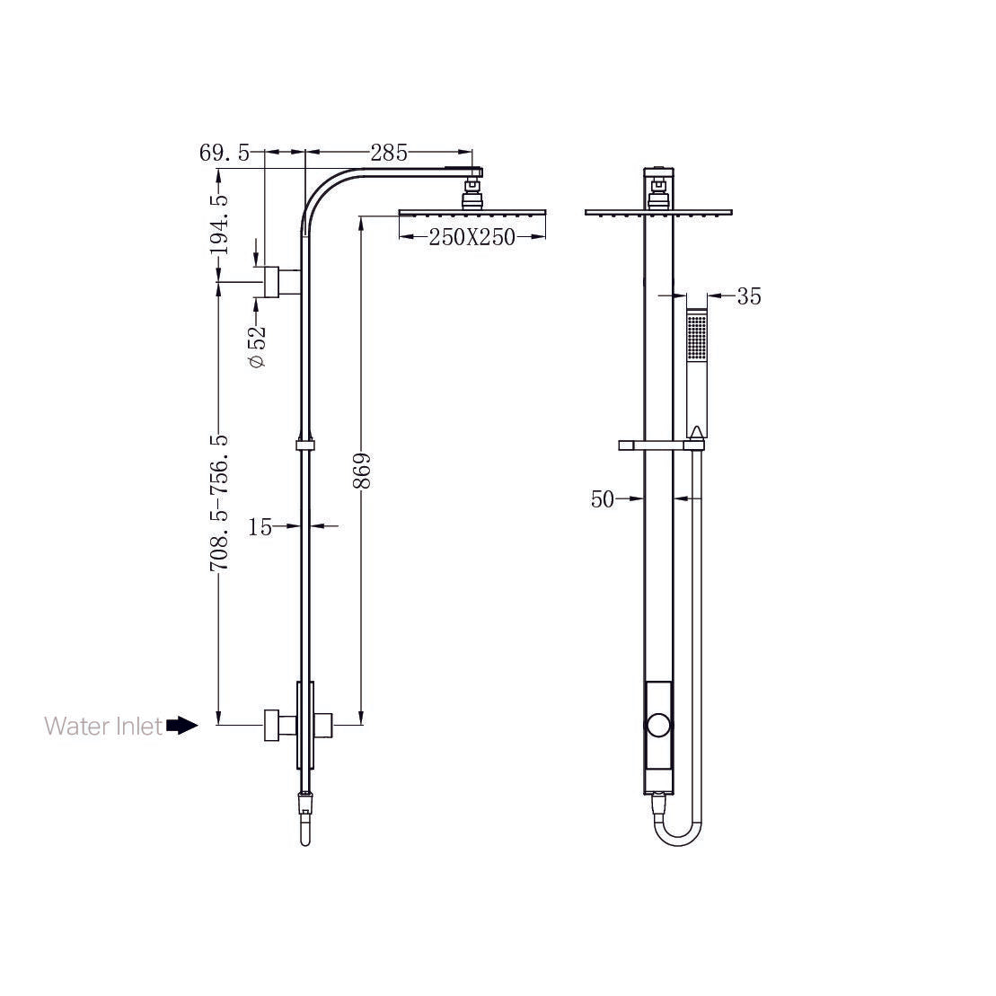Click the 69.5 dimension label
pyautogui.click(x=225, y=153)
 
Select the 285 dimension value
pyautogui.click(x=388, y=152)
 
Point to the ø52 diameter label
pyautogui.click(x=258, y=347)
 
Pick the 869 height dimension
pyautogui.click(x=361, y=470)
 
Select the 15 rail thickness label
pyautogui.click(x=260, y=527)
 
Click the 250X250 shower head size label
pyautogui.click(x=472, y=237)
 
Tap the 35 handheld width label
pyautogui.click(x=748, y=296)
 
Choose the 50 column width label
pyautogui.click(x=603, y=499)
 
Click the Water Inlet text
pyautogui.click(x=103, y=726)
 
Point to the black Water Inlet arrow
pyautogui.click(x=182, y=726)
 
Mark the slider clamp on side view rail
pyautogui.click(x=305, y=444)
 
